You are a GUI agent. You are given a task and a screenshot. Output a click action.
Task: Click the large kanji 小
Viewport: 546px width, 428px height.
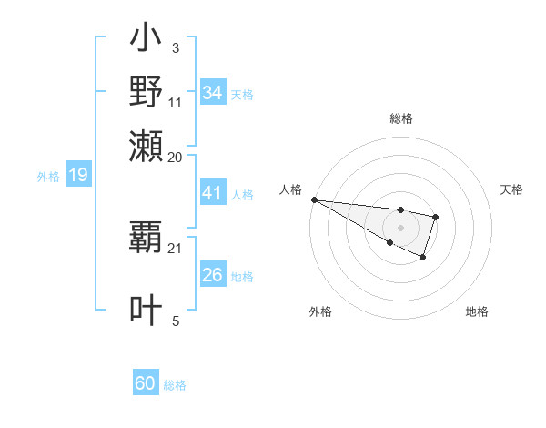[x=147, y=41]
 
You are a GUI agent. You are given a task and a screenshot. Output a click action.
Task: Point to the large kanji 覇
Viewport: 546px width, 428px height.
[x=147, y=239]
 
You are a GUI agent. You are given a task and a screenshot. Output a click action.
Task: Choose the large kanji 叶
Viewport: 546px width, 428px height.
[x=147, y=310]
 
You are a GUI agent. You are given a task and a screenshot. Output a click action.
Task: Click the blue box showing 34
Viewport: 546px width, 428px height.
[x=212, y=93]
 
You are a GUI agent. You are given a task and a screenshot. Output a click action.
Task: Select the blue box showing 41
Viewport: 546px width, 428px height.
[x=212, y=194]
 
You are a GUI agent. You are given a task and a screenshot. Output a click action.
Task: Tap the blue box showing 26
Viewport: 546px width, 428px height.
[x=212, y=275]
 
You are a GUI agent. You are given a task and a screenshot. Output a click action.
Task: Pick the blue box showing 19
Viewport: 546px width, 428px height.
[x=77, y=176]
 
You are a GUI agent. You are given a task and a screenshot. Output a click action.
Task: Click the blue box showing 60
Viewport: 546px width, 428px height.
[x=146, y=383]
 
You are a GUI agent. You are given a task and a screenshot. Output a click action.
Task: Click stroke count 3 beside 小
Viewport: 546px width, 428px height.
[x=176, y=46]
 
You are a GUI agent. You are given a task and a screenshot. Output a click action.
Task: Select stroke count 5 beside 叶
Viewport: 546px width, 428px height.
[x=176, y=321]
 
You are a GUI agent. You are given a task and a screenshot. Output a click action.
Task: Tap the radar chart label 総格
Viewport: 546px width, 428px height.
[x=401, y=119]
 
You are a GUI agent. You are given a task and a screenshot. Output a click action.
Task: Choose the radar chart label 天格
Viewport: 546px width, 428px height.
[x=512, y=189]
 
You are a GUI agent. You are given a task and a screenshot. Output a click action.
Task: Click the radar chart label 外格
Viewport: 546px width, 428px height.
[x=320, y=311]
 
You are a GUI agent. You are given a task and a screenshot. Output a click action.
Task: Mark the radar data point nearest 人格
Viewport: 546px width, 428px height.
[x=313, y=199]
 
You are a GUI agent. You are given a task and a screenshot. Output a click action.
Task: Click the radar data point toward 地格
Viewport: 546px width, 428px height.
[x=423, y=258]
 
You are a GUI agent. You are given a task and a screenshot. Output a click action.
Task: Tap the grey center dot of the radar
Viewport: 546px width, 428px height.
[x=401, y=228]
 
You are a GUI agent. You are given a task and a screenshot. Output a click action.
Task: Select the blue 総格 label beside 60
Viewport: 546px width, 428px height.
[x=175, y=385]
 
